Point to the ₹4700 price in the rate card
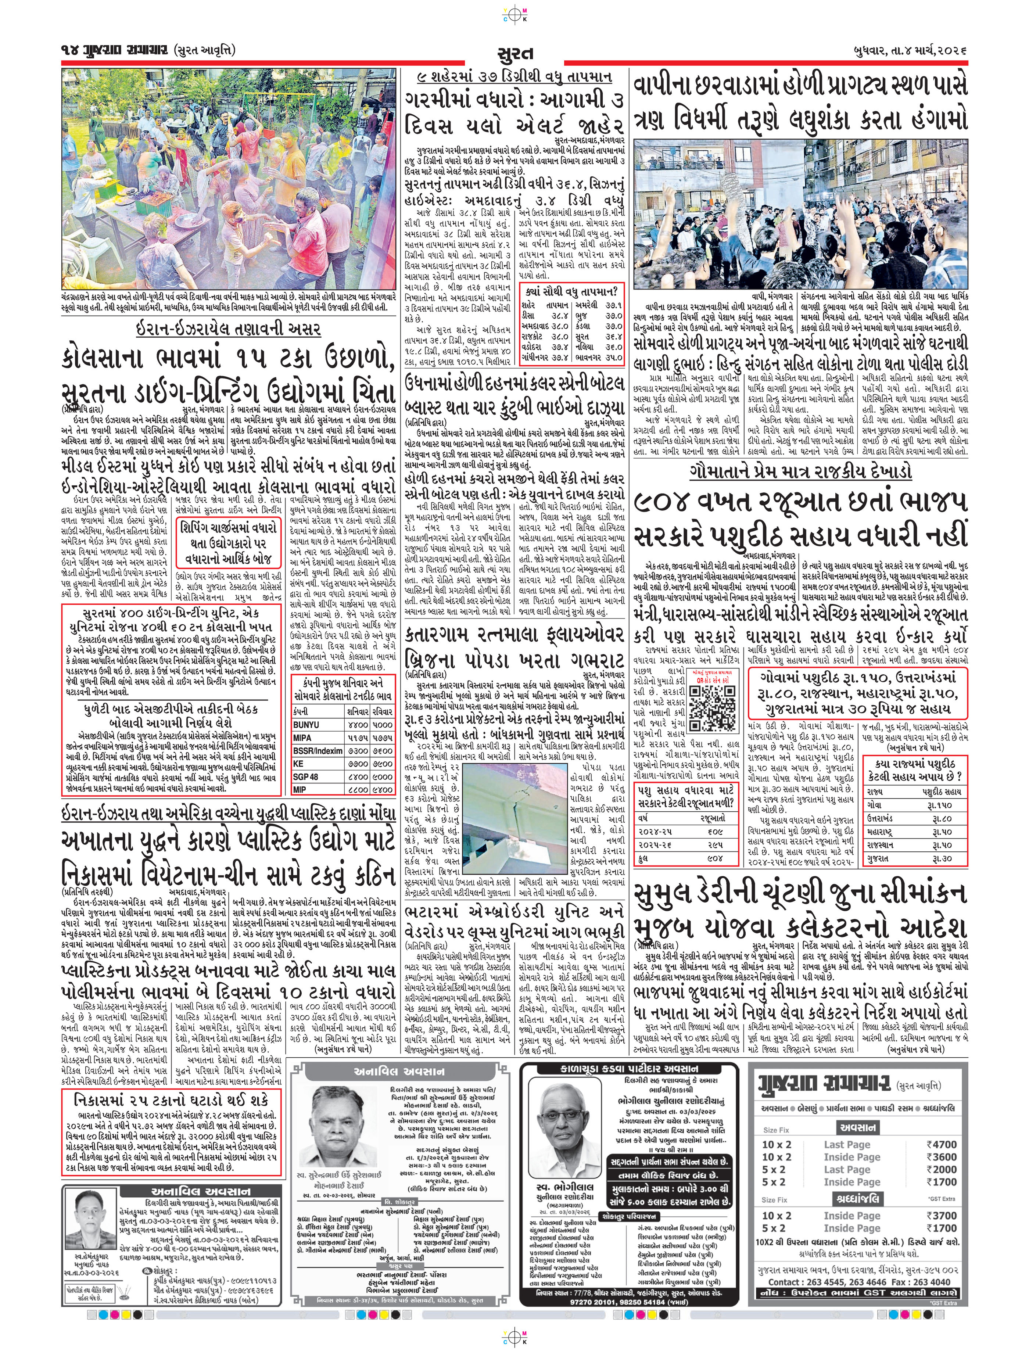(x=941, y=1144)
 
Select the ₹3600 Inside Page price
(x=941, y=1157)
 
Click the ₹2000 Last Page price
(x=941, y=1169)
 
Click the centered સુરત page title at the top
(x=514, y=53)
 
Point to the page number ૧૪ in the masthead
(x=69, y=50)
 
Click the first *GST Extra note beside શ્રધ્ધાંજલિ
(x=941, y=1198)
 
